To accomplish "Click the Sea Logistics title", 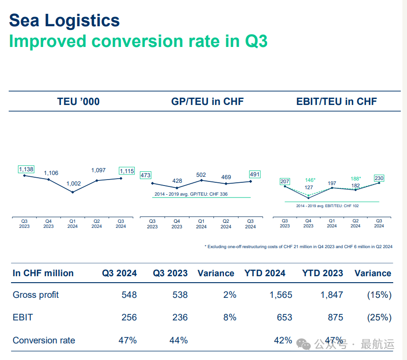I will (64, 21).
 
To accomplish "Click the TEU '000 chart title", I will (78, 102).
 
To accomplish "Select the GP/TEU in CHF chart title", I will (207, 102).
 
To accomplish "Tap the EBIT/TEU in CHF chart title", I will (337, 102).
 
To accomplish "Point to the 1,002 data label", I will (74, 184).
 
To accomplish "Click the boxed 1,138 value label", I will (26, 169).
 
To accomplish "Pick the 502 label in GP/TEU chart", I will (201, 175).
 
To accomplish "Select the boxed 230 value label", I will (379, 178).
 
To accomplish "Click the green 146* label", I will (310, 180).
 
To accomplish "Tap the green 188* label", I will (355, 179).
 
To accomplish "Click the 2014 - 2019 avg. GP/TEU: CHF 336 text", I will (190, 194).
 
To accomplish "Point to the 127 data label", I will (309, 187).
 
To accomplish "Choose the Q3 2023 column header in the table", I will (170, 273).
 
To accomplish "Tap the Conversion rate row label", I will (44, 341).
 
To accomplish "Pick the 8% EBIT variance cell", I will (229, 318).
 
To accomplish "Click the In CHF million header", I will (43, 273).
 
